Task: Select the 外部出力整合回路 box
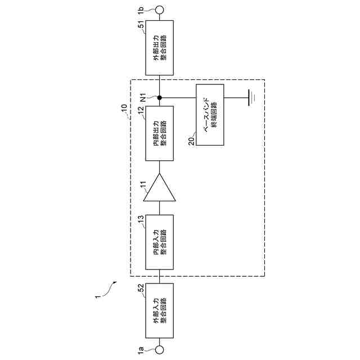[x=160, y=48]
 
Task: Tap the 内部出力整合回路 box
[x=160, y=133]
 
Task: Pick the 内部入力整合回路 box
[x=160, y=242]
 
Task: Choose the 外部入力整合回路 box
[x=160, y=312]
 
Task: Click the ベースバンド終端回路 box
[x=210, y=114]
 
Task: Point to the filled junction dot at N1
[x=160, y=98]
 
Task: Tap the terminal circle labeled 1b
[x=160, y=10]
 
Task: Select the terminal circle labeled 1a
[x=160, y=349]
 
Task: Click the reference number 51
[x=141, y=25]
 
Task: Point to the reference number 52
[x=141, y=288]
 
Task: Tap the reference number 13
[x=141, y=218]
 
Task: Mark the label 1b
[x=141, y=10]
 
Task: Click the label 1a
[x=141, y=349]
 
